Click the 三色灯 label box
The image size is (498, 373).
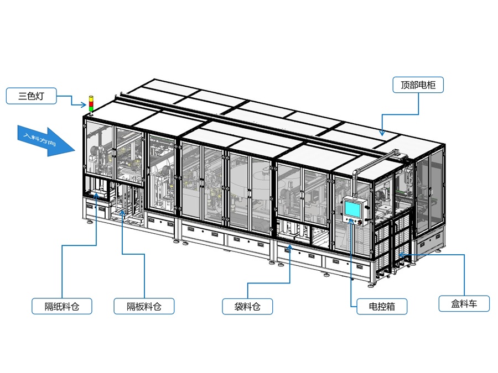pyautogui.click(x=31, y=96)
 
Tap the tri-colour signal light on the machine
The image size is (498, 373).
pyautogui.click(x=91, y=105)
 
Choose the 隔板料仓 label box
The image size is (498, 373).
pyautogui.click(x=144, y=306)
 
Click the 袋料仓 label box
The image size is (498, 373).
pyautogui.click(x=248, y=306)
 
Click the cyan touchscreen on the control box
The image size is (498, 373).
pyautogui.click(x=352, y=208)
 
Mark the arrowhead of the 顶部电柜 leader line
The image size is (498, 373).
pyautogui.click(x=382, y=133)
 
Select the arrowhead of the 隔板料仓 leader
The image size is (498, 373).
pyautogui.click(x=122, y=211)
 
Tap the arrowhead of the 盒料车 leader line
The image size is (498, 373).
pyautogui.click(x=402, y=255)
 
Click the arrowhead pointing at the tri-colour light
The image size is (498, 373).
pyautogui.click(x=86, y=105)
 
